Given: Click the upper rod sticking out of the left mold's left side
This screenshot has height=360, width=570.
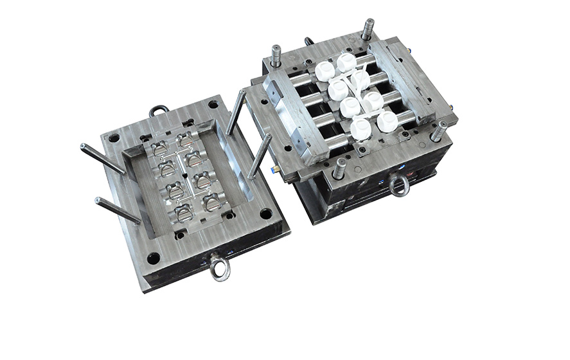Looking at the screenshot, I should (102, 158).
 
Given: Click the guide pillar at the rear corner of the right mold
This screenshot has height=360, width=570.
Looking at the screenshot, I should (368, 30).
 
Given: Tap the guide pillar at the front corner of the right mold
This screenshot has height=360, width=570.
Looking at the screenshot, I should (339, 168).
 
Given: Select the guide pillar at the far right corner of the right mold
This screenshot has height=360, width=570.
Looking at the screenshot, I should (439, 130).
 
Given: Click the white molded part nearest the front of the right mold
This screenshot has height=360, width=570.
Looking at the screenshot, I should (361, 129).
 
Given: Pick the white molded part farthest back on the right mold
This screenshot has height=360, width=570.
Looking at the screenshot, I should (346, 62).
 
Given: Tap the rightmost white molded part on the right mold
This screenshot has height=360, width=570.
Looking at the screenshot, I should (387, 122).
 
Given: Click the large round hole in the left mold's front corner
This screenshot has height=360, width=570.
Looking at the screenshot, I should (153, 258).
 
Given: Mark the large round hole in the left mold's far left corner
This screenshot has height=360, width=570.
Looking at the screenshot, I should (114, 138).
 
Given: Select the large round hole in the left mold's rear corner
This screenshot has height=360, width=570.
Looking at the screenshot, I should (213, 104).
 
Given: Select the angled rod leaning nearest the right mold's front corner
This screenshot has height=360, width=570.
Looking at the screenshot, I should (260, 155).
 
